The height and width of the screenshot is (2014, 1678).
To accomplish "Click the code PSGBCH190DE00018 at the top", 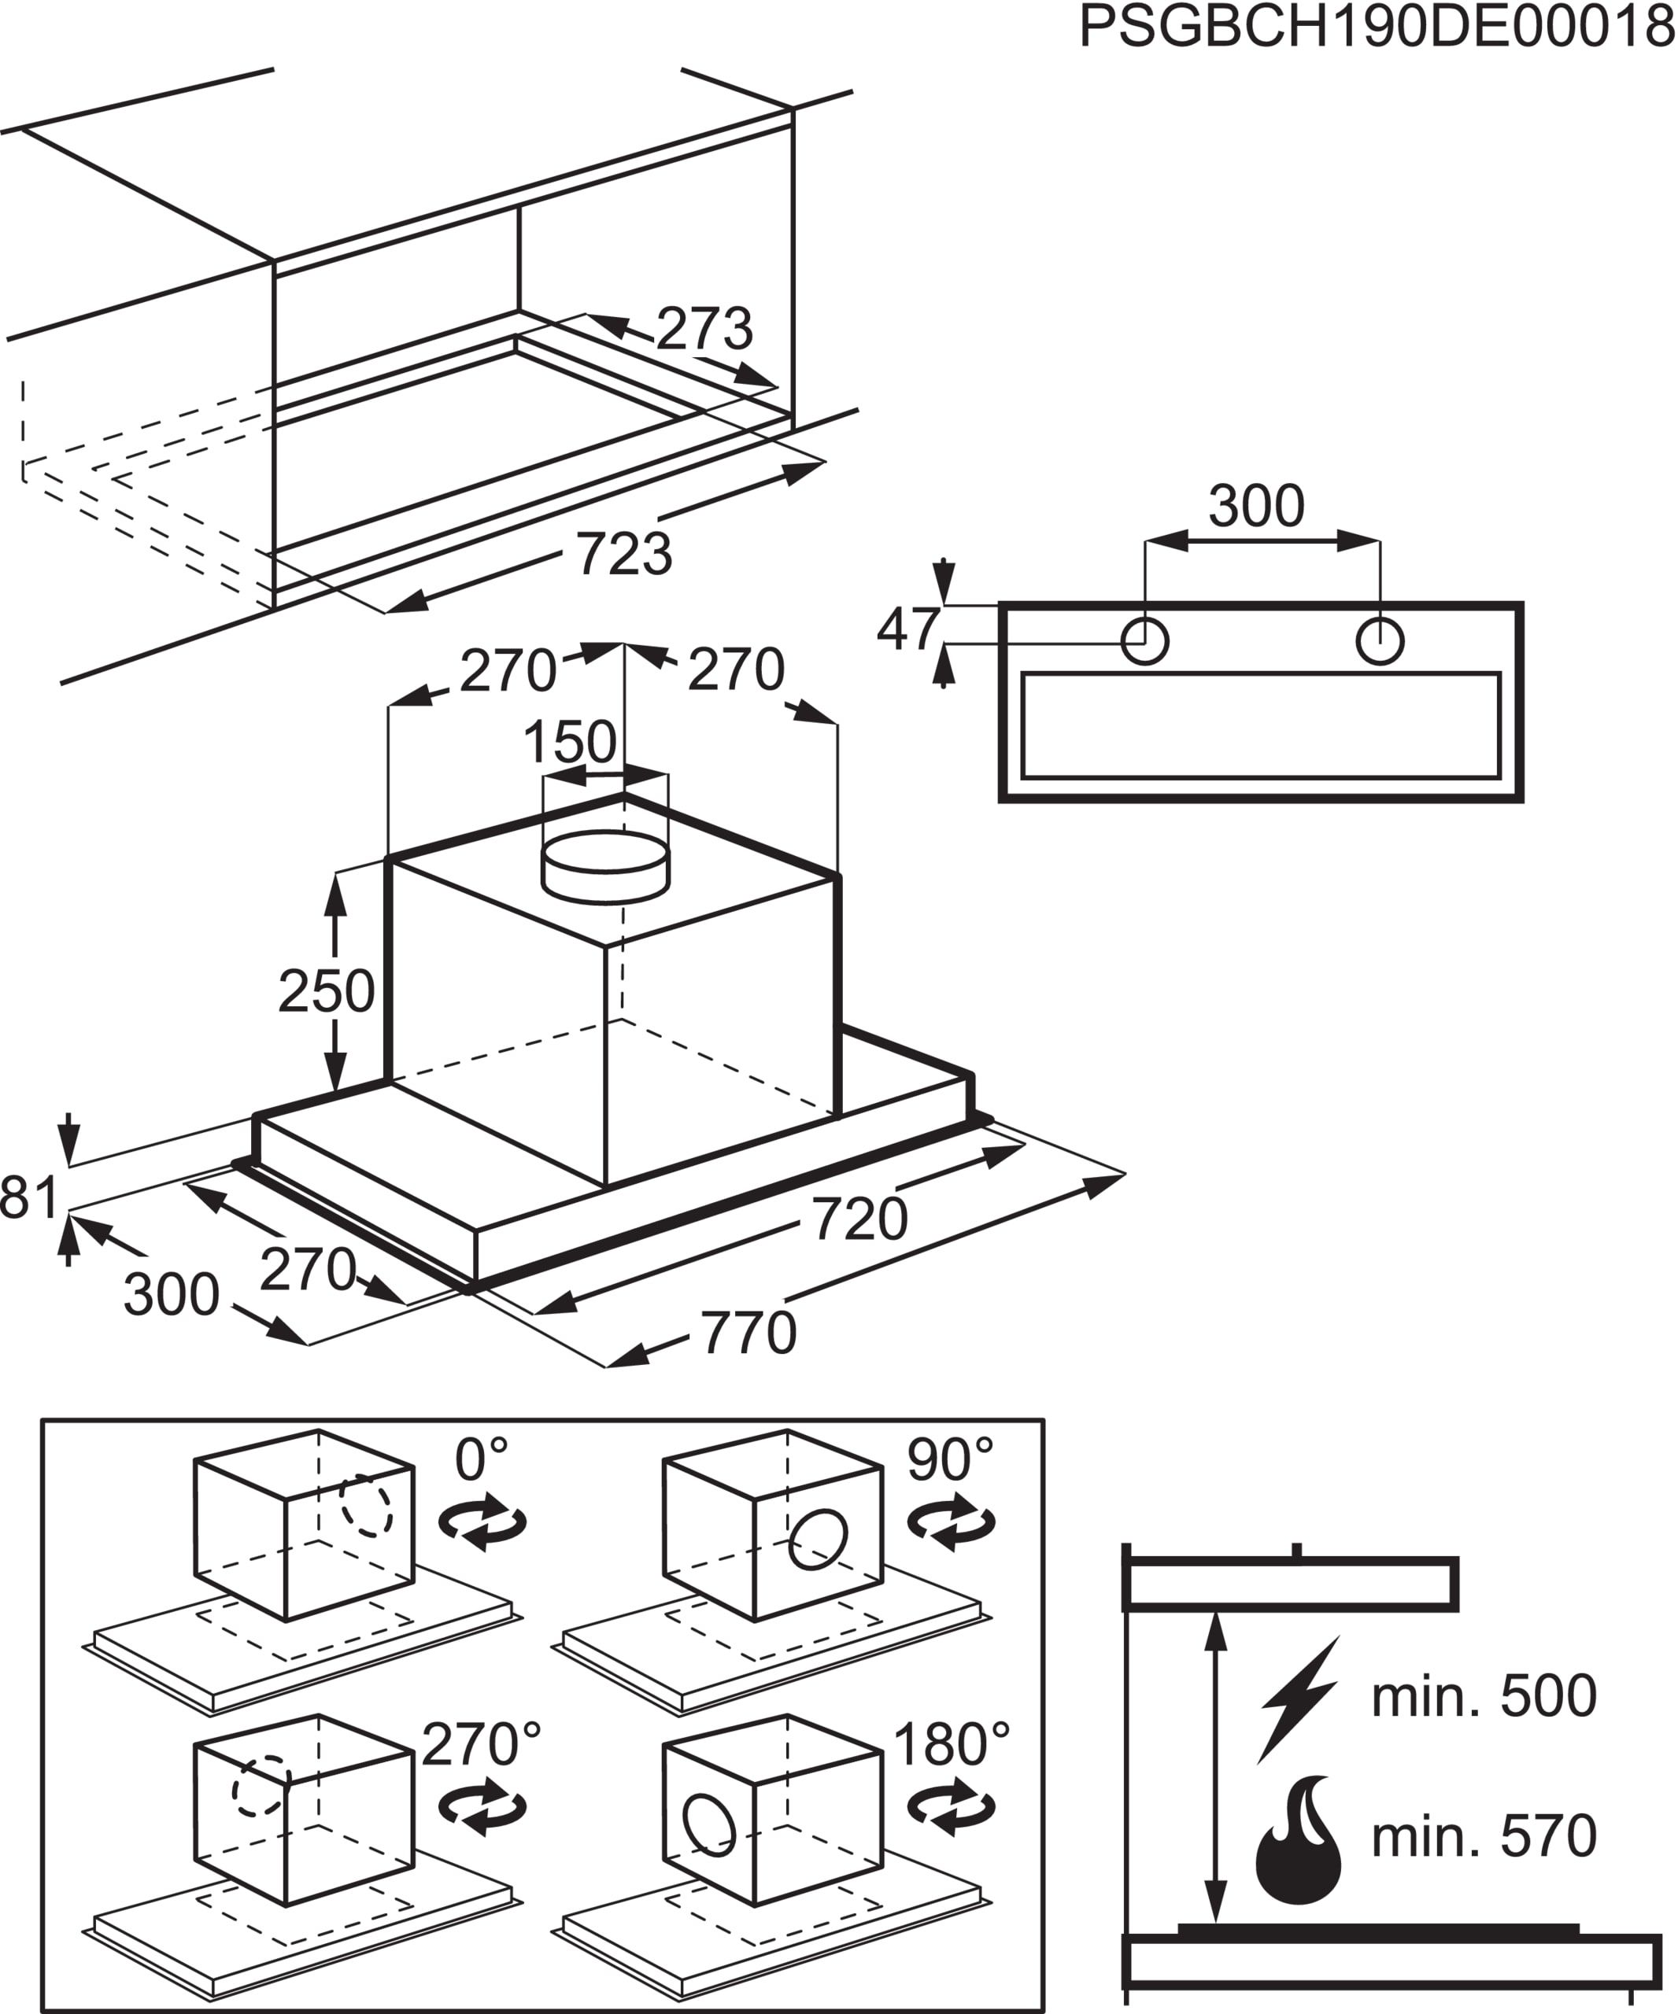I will tap(1377, 27).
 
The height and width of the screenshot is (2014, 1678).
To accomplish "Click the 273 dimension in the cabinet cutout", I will tap(704, 329).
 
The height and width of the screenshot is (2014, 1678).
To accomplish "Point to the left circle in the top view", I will tap(1144, 640).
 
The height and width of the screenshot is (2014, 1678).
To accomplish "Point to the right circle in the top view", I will tap(1380, 640).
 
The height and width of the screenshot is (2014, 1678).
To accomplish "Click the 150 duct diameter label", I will tap(570, 741).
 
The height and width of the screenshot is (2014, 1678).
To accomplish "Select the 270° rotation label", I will tap(481, 1743).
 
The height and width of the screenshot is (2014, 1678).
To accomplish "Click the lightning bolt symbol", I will tap(1299, 1699).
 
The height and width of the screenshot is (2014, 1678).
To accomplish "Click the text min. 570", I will tap(1484, 1835).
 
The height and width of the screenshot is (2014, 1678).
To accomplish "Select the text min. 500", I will tap(1484, 1695).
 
